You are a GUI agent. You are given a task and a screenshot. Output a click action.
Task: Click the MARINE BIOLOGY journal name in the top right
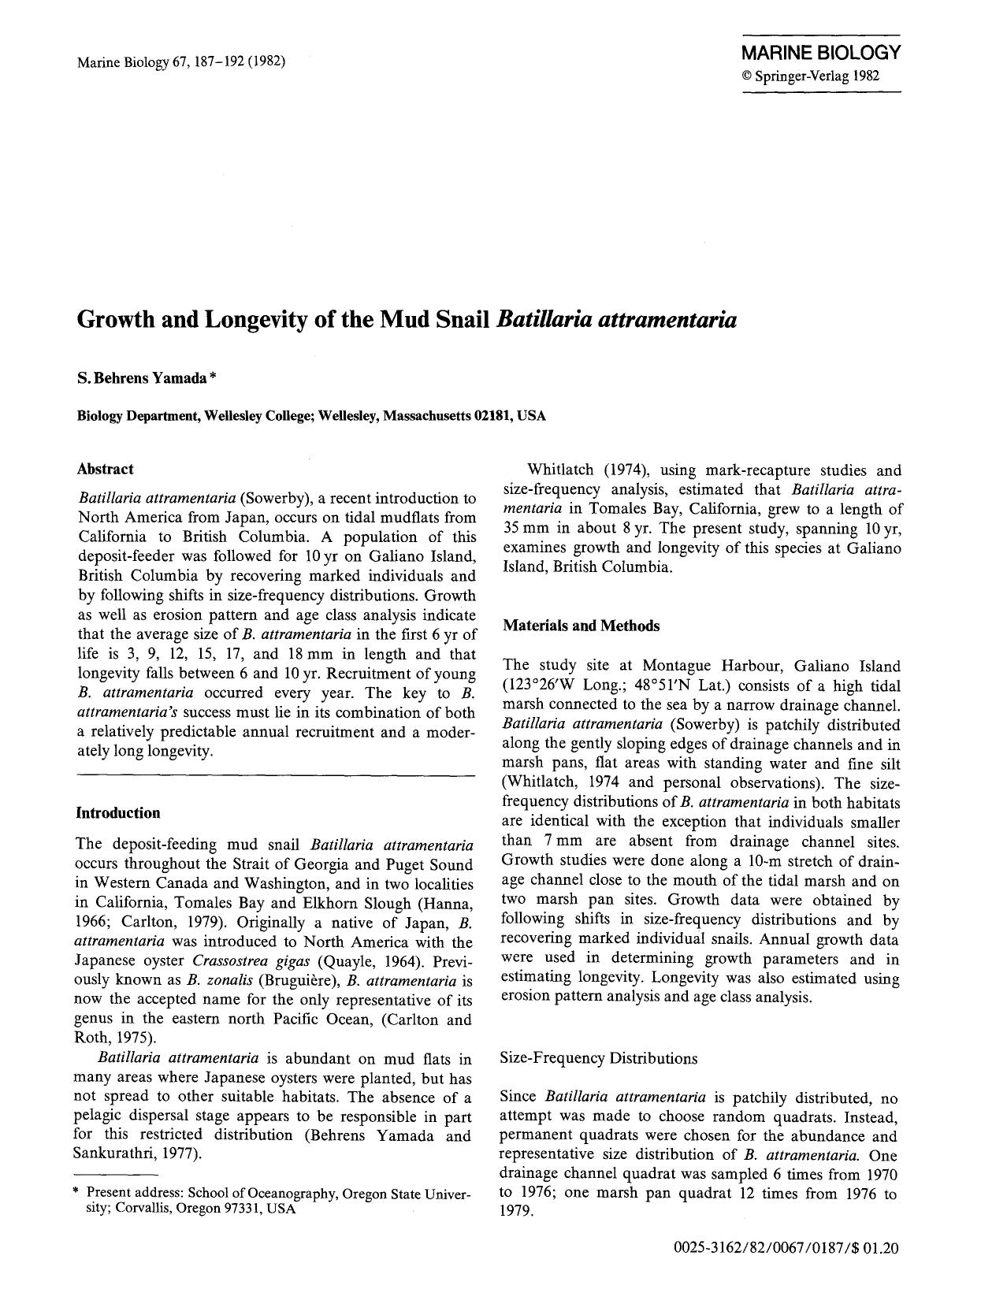pyautogui.click(x=820, y=54)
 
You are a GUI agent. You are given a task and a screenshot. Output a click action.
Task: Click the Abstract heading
pyautogui.click(x=105, y=469)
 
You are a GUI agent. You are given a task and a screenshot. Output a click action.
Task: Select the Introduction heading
pyautogui.click(x=117, y=812)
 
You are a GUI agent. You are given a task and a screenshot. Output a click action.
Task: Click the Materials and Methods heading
pyautogui.click(x=580, y=626)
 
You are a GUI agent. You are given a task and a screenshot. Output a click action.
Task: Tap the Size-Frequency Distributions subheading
pyautogui.click(x=599, y=1058)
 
